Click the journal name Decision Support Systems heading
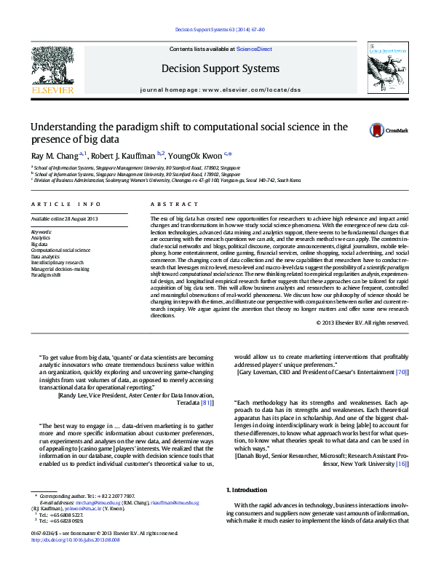(x=220, y=68)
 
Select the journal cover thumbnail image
(x=384, y=68)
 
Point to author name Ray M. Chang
(x=54, y=155)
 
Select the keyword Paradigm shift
(x=45, y=276)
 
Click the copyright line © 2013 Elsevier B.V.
(x=362, y=322)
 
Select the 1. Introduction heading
(x=247, y=490)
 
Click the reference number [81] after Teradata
(x=207, y=402)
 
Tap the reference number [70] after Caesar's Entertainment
(x=401, y=372)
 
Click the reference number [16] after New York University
(x=402, y=462)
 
